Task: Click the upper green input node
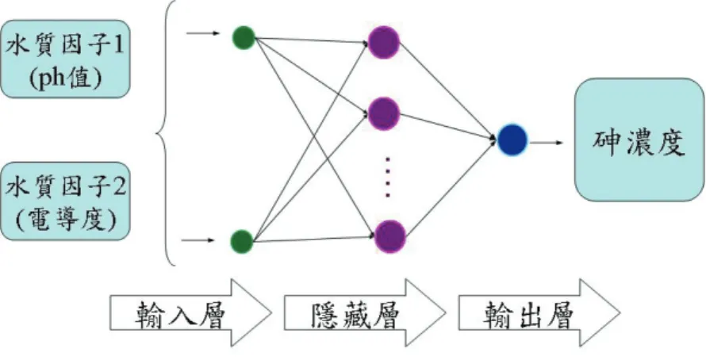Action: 244,38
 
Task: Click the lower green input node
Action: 242,241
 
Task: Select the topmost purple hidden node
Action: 384,42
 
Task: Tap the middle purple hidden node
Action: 384,114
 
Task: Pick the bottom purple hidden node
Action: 390,236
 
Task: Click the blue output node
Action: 512,140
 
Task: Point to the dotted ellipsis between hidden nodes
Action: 387,178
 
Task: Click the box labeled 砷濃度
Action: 639,140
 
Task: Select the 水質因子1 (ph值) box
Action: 65,59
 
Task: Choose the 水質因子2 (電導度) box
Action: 65,201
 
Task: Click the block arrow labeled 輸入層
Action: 190,312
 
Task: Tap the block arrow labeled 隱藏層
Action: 365,312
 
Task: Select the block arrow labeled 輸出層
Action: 539,312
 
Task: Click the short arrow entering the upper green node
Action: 203,33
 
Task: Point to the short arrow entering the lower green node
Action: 198,240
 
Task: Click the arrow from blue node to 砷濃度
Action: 547,143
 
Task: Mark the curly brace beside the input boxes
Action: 166,133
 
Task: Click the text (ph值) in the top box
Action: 65,79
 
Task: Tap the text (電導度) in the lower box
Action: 65,220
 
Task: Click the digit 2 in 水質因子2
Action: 119,187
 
